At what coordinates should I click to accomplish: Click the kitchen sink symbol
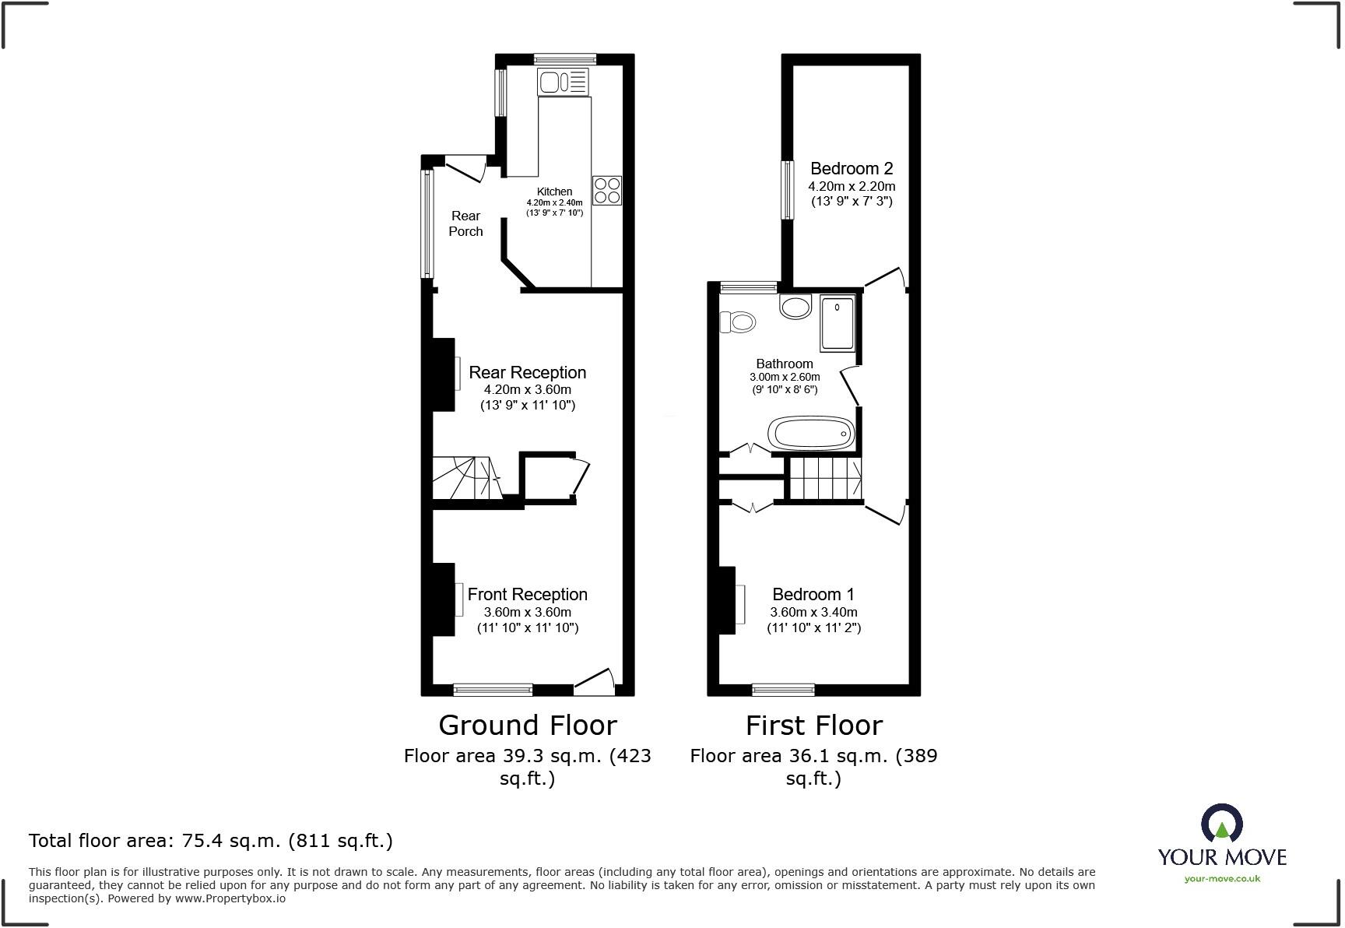563,81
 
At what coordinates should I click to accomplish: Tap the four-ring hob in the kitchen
607,190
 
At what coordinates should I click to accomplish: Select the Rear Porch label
465,223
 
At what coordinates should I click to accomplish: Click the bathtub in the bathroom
811,433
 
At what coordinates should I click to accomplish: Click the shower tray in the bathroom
837,322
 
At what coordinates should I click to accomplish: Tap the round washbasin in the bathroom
795,307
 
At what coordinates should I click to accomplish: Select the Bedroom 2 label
852,168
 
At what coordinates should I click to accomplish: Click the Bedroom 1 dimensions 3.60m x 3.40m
813,612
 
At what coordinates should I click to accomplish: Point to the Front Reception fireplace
445,599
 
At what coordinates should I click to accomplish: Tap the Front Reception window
493,690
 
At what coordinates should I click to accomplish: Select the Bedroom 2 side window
788,189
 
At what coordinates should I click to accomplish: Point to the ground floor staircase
465,478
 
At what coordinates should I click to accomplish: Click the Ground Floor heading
528,726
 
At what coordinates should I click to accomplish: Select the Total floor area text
210,841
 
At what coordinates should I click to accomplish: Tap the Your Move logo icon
1221,823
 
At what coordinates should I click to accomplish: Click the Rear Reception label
527,372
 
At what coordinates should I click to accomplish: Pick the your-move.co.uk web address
1222,879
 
